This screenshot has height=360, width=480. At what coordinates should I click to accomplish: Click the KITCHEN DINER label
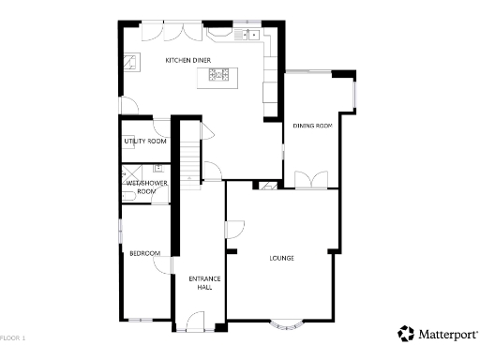coord(187,60)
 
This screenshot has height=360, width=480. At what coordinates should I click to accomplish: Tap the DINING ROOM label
coord(312,125)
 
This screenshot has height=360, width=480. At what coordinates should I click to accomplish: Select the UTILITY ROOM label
coord(145,142)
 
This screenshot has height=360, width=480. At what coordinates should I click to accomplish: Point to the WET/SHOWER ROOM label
coord(146,187)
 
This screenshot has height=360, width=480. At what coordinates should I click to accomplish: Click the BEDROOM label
coord(144,253)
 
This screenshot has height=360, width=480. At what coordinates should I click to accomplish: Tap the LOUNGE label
coord(282,258)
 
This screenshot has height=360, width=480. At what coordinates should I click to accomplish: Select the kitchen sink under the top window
coord(249,35)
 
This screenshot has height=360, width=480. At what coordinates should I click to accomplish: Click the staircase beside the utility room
coord(191,159)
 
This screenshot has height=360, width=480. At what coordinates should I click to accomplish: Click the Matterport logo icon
coord(406,334)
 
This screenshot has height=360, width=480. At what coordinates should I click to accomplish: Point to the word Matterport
coord(447,334)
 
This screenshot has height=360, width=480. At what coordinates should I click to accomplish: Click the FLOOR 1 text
coord(13,337)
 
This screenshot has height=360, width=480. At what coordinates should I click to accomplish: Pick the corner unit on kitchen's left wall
coord(134,65)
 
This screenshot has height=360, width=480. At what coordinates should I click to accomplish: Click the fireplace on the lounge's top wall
coord(268,187)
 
